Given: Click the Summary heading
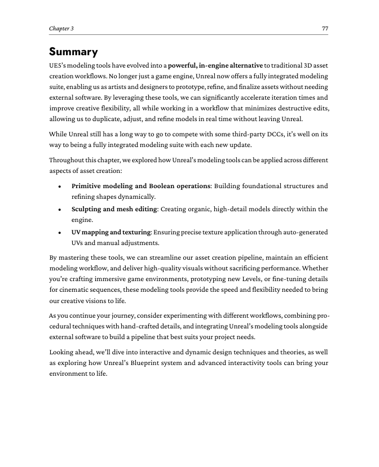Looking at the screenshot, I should (x=73, y=52).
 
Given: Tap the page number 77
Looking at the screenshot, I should (x=325, y=29).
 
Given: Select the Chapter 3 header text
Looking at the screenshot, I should (x=61, y=29).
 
